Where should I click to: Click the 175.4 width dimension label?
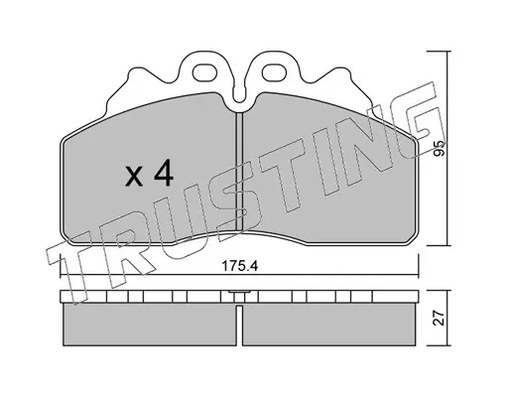239,266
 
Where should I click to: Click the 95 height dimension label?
440,148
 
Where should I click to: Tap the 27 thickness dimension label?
440,318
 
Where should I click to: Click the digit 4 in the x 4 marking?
164,173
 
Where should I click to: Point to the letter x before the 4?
134,177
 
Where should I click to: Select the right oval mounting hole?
274,72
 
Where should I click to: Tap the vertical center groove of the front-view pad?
239,171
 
